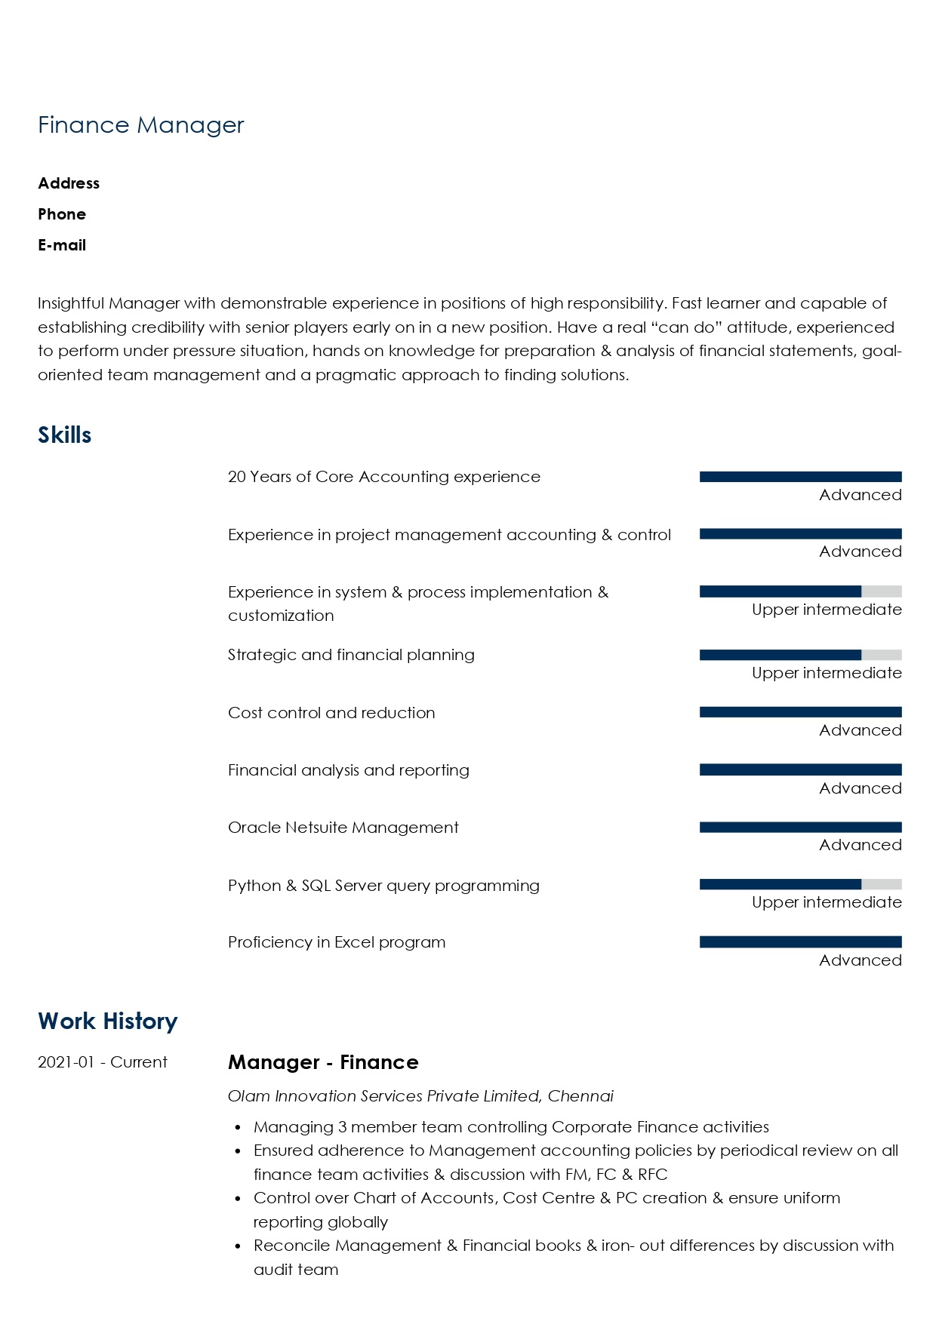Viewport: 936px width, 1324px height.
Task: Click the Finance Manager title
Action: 141,125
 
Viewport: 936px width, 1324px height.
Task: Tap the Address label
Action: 69,183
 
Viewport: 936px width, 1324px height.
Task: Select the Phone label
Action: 62,214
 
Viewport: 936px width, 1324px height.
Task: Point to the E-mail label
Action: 62,245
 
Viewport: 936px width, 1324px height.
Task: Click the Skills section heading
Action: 65,435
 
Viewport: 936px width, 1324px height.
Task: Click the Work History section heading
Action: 108,1021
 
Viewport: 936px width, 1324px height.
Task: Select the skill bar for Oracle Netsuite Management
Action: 800,828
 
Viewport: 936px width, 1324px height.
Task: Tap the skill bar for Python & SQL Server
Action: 800,885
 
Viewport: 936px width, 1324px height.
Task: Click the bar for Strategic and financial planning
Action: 800,656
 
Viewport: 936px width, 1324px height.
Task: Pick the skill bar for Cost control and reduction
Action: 800,712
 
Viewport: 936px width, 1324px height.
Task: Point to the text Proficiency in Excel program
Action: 337,942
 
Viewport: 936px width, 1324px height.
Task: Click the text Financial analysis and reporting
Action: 349,770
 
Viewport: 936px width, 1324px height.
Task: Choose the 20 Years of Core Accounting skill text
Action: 384,477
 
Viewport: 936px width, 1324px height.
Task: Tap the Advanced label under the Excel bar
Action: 861,960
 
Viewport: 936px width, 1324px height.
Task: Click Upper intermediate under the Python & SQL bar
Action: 827,903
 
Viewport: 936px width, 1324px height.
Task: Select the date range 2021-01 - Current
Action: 103,1062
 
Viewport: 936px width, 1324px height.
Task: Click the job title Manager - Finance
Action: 323,1062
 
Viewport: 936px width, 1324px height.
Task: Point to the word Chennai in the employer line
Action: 580,1096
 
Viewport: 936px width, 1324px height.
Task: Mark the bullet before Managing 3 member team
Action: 238,1128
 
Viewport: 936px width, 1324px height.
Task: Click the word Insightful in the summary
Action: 71,303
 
